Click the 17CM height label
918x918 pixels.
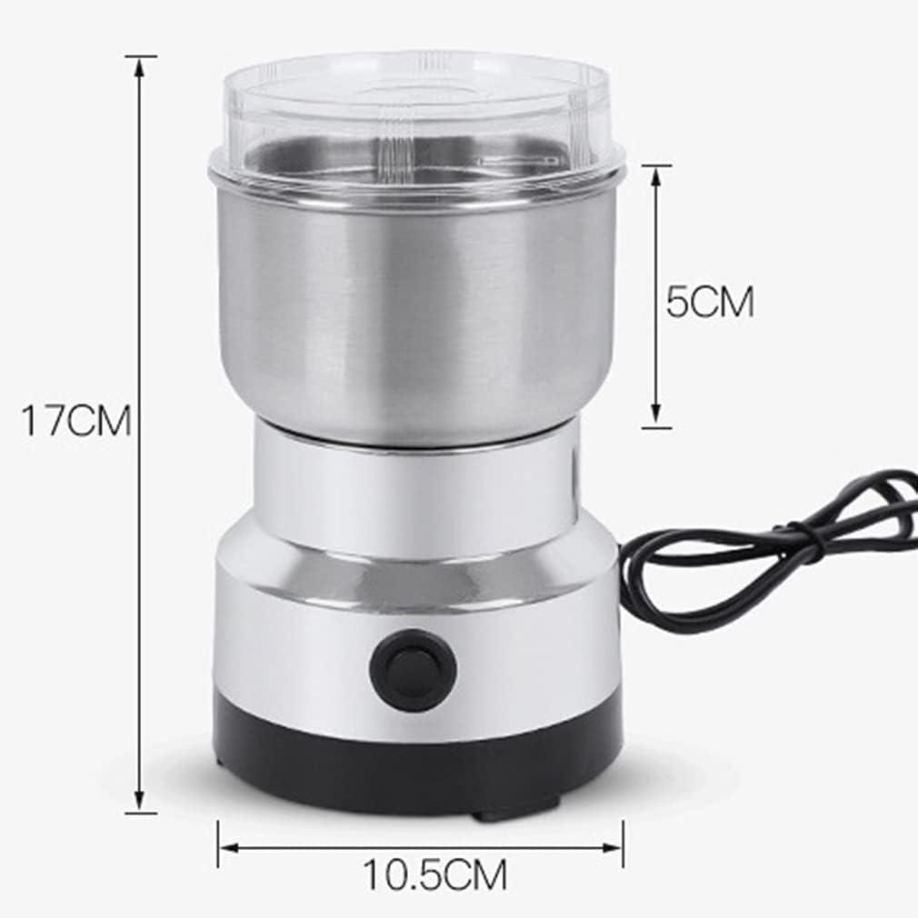(76, 420)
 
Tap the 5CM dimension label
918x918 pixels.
(710, 302)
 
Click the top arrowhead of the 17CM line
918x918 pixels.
(139, 67)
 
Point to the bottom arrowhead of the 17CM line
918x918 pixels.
(139, 800)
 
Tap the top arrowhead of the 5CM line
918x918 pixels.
(656, 176)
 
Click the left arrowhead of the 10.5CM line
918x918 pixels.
(230, 847)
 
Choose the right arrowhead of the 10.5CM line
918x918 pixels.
(612, 847)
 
